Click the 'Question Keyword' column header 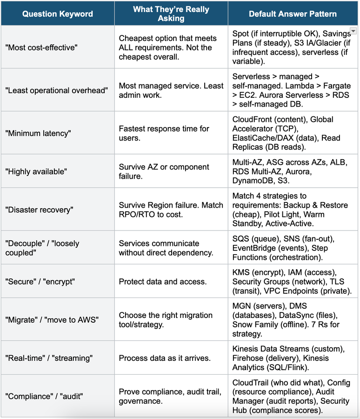pos(57,14)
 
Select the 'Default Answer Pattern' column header pos(293,14)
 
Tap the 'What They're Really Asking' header pos(171,14)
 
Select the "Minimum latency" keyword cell pos(38,133)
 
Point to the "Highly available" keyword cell pos(36,171)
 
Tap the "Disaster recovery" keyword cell pos(40,209)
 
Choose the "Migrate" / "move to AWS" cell pos(52,319)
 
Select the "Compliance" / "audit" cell pos(49,396)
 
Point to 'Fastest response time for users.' pos(164,133)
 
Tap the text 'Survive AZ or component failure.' pos(164,171)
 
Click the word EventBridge pos(253,248)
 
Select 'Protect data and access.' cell pos(160,281)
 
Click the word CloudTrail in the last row pos(250,382)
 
